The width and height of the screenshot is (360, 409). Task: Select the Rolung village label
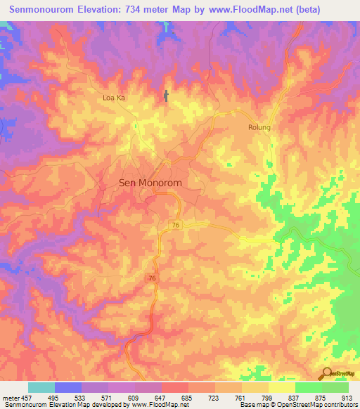click(x=259, y=128)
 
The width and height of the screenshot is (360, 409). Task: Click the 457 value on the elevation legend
click(x=27, y=397)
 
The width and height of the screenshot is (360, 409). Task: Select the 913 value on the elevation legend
click(x=348, y=397)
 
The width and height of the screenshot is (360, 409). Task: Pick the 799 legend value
click(x=268, y=397)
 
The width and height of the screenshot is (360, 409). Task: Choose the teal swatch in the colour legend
click(x=41, y=387)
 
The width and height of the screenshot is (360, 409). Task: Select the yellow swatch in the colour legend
click(x=281, y=387)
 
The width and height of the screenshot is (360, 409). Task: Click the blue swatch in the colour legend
click(x=68, y=387)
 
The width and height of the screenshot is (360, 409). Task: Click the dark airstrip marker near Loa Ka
click(x=167, y=96)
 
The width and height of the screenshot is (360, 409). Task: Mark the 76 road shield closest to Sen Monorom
click(x=176, y=224)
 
